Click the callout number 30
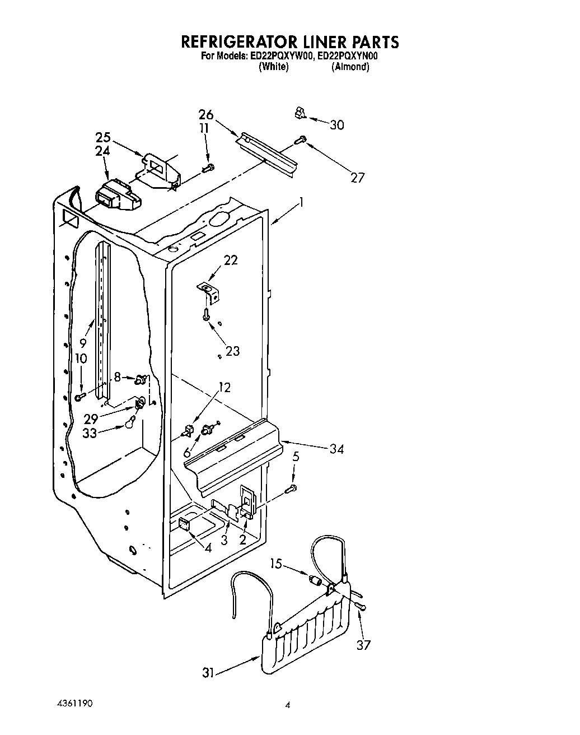(x=336, y=125)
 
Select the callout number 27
(x=357, y=178)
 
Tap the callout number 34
(x=336, y=448)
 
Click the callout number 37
(x=363, y=645)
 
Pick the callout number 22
(x=231, y=260)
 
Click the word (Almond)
(x=350, y=67)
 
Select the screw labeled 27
(x=301, y=139)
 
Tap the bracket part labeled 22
(x=209, y=290)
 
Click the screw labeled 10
(x=80, y=397)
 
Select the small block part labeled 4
(x=183, y=524)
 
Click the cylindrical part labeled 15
(x=316, y=580)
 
